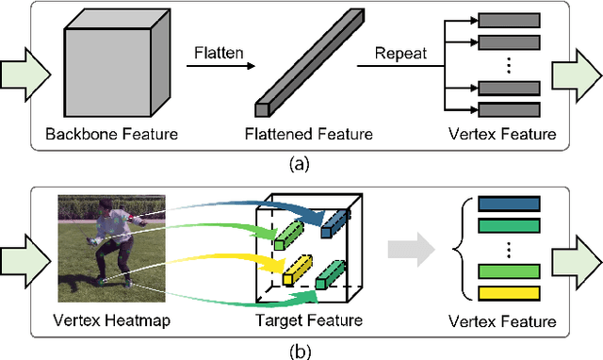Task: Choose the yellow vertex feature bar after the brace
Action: pyautogui.click(x=508, y=293)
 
